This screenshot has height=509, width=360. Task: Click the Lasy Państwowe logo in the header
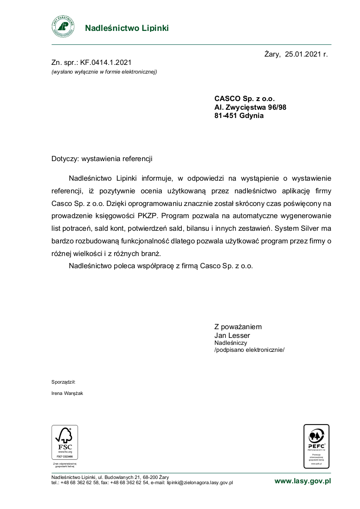(63, 27)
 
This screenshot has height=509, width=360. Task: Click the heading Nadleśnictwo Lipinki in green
(126, 28)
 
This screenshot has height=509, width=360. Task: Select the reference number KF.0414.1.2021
(106, 63)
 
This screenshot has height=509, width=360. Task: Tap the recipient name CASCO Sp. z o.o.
(245, 99)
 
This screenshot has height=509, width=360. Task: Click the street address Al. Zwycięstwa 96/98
(250, 107)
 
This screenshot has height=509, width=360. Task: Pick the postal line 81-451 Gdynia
(239, 116)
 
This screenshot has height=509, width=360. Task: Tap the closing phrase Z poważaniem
(238, 327)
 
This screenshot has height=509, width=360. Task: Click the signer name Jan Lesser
(232, 335)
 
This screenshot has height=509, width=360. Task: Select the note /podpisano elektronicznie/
(249, 350)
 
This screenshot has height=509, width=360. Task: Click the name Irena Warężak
(67, 393)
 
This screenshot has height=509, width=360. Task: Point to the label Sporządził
(64, 382)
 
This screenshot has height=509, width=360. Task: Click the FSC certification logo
(65, 442)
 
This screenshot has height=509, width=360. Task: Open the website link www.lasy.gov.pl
(302, 481)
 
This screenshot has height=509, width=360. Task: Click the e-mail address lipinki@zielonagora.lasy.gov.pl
(200, 482)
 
